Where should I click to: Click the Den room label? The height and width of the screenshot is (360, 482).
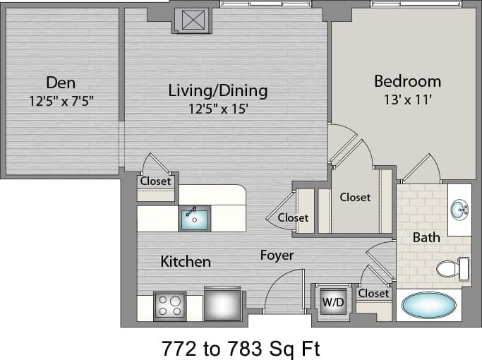point(61,82)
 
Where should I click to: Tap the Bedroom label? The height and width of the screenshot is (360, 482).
point(407,81)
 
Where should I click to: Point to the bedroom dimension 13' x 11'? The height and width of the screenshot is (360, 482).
point(407,100)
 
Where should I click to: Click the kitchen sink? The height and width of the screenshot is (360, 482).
point(193,219)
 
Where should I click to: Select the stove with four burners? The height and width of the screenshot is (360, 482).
point(169,306)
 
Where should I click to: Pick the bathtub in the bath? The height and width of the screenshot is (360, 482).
point(428,306)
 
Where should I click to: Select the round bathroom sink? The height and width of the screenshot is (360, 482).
point(459,210)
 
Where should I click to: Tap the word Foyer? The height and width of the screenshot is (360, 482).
point(277,255)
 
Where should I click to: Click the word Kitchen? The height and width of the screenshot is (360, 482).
point(186,262)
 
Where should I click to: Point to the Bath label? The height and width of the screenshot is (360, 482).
point(426,237)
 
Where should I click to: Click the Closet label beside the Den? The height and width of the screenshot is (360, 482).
point(155,181)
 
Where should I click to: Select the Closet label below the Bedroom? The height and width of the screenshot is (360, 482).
point(355,198)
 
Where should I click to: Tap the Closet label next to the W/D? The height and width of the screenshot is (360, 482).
point(373,293)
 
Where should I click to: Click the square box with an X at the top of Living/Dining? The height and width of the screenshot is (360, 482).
point(192,20)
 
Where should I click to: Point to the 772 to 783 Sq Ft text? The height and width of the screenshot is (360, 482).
point(242,347)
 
